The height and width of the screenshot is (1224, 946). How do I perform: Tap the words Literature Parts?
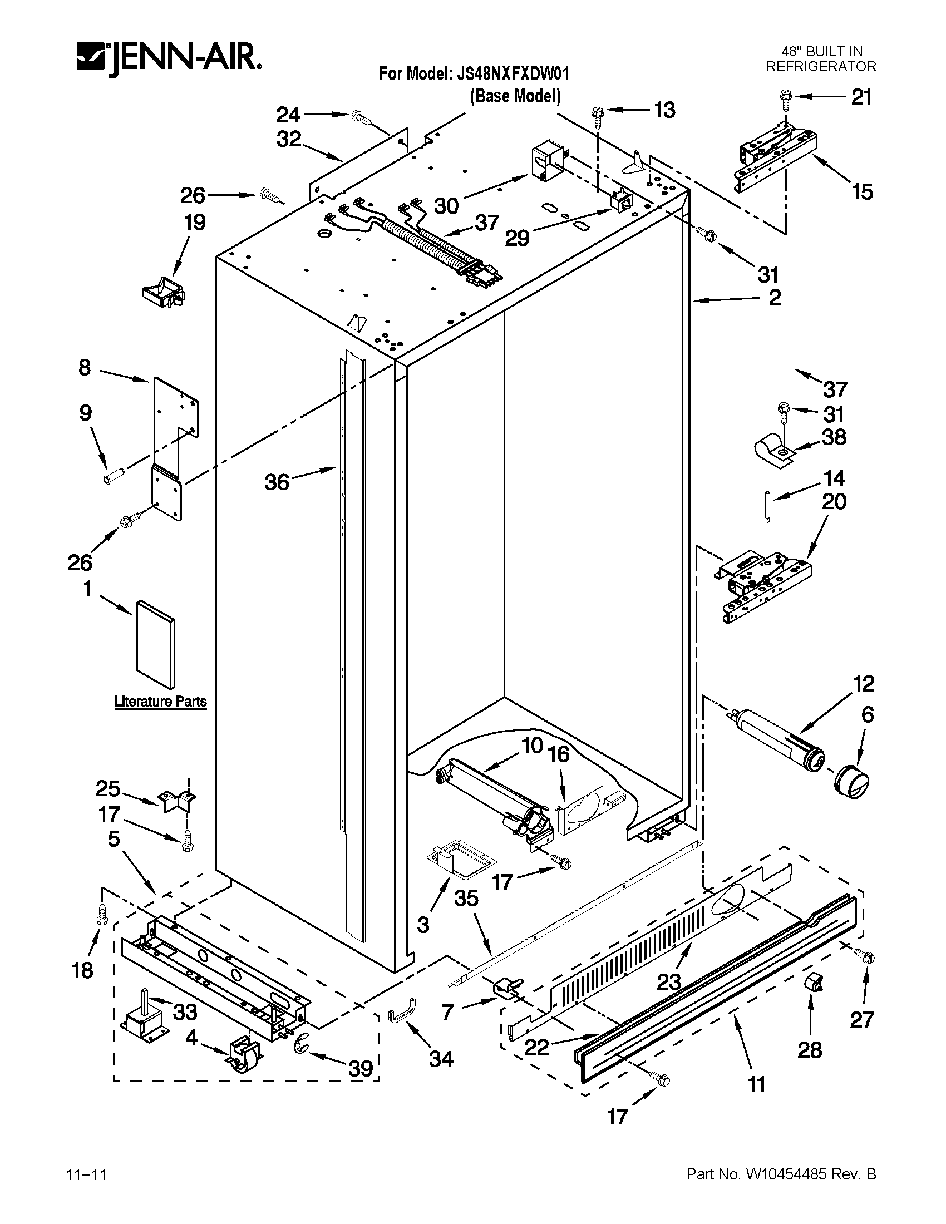tap(160, 701)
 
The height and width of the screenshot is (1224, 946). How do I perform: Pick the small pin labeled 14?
tap(767, 506)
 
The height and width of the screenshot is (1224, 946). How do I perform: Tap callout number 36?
tap(277, 481)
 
